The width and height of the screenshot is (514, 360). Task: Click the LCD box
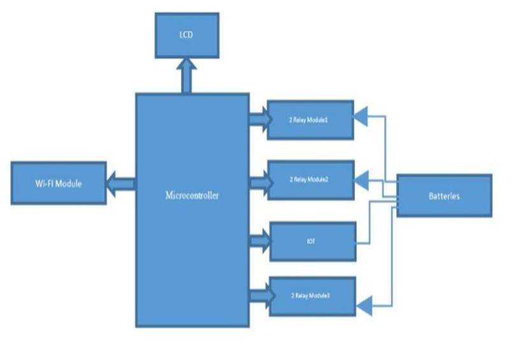[187, 35]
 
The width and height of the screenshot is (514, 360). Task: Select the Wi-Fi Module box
[59, 184]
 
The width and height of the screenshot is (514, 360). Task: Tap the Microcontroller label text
[192, 196]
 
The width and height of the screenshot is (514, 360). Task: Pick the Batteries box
[444, 196]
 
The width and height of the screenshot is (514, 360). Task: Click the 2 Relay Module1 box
[311, 119]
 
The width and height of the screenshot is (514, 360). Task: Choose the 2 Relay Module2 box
[311, 180]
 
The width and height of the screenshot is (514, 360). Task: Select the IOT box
[312, 241]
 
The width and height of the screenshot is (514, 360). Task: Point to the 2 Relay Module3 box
[312, 296]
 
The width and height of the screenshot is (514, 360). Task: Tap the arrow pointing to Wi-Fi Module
[120, 184]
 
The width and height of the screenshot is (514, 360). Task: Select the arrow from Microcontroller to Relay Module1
[258, 119]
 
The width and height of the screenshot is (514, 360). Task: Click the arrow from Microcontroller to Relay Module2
[258, 184]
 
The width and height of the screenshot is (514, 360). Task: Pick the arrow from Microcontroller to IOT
[259, 241]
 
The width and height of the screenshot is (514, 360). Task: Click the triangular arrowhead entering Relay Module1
[361, 116]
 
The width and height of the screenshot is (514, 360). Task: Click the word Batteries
[444, 196]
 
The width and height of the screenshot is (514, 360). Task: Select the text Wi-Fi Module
[59, 184]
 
